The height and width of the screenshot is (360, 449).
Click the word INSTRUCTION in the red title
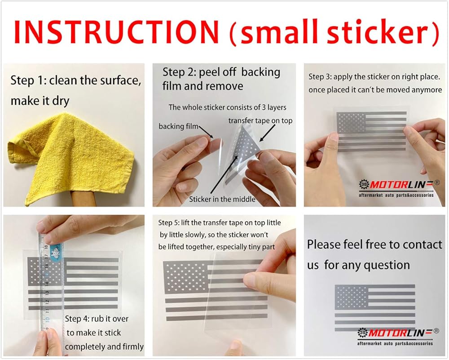(x=117, y=31)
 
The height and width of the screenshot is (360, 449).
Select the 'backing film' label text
(x=178, y=126)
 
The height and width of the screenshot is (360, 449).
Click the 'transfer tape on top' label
(x=260, y=120)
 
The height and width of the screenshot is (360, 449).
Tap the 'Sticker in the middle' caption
(x=222, y=199)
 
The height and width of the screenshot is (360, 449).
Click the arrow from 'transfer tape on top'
(x=267, y=133)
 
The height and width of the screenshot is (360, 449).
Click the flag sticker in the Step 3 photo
(x=372, y=131)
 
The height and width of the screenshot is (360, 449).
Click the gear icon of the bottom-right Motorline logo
(x=362, y=333)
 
